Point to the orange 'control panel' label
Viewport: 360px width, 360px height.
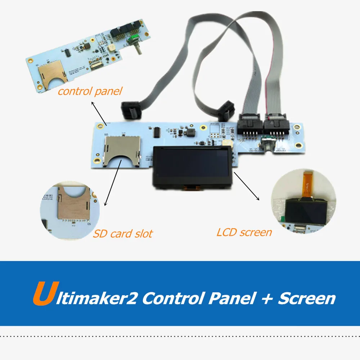(90, 91)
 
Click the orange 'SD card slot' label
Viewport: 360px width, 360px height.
(122, 234)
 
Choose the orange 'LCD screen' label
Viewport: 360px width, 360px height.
(244, 232)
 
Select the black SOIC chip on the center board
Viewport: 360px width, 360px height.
(157, 132)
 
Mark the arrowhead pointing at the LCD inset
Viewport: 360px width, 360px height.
(258, 199)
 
